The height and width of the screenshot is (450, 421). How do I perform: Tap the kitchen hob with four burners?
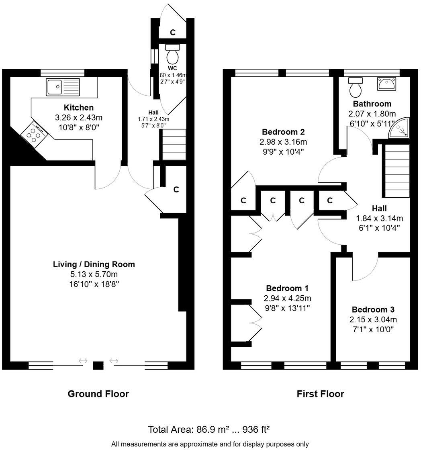(x=34, y=135)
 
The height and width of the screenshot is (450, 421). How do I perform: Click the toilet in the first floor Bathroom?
(x=355, y=87)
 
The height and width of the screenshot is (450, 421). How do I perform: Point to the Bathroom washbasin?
(x=386, y=84)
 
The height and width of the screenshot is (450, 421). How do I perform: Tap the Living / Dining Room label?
(x=94, y=264)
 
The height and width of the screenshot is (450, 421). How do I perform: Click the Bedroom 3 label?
(x=373, y=310)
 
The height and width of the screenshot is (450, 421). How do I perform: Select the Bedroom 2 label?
(x=283, y=132)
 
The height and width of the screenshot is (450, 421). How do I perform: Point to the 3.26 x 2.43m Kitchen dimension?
(x=79, y=118)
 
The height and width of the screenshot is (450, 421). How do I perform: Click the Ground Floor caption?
(x=98, y=394)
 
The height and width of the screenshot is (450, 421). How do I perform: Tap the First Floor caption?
(x=320, y=394)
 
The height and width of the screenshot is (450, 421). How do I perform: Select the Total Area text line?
(x=209, y=429)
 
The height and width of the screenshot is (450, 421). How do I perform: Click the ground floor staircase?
(x=174, y=144)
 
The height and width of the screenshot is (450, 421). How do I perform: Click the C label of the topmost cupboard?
(x=172, y=33)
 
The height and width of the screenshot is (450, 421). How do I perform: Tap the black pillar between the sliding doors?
(x=98, y=365)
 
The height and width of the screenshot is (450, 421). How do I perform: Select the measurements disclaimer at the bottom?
(x=210, y=444)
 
